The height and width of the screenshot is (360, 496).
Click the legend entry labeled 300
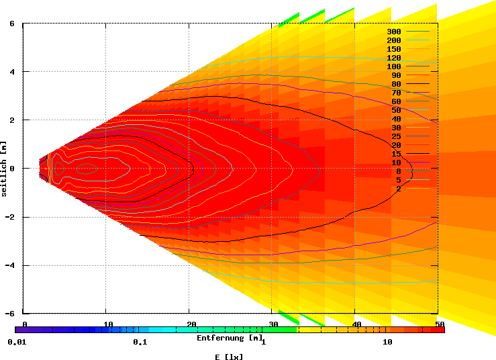coord(393,32)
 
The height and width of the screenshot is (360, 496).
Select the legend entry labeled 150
coord(393,49)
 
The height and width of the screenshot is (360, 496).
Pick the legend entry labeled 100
coord(393,66)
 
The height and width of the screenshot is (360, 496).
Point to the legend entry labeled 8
coord(398,171)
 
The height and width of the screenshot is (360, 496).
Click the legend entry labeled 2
coord(398,189)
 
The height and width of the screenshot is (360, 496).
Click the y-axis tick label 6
coord(12,24)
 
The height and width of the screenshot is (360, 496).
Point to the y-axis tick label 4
coord(12,72)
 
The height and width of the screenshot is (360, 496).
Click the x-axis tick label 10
coord(107,325)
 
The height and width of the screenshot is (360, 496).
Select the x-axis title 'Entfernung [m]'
coord(230,338)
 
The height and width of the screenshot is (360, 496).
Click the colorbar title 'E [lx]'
coord(230,357)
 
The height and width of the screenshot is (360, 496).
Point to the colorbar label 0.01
coord(16,343)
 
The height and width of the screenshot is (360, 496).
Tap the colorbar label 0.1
coord(140,343)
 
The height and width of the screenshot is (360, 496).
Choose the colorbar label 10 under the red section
coord(387,343)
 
